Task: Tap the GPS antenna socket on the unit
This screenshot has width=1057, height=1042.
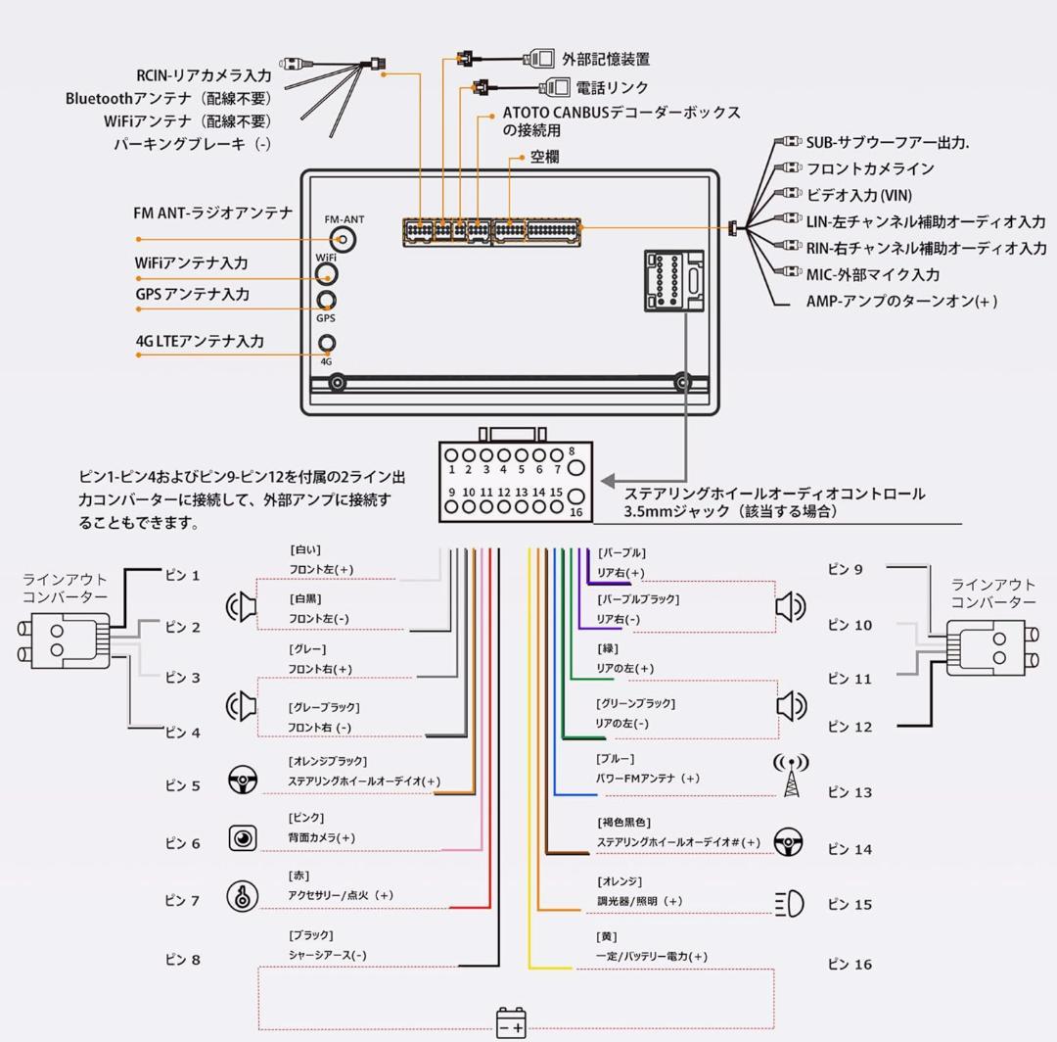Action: pyautogui.click(x=326, y=300)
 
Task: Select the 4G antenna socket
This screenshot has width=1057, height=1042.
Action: pyautogui.click(x=327, y=343)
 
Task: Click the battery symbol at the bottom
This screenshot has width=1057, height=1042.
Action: pyautogui.click(x=511, y=1022)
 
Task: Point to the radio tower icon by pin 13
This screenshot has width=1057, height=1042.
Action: pyautogui.click(x=791, y=775)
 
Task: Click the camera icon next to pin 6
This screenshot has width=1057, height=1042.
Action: pyautogui.click(x=243, y=838)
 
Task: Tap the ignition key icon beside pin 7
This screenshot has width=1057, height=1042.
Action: pyautogui.click(x=243, y=895)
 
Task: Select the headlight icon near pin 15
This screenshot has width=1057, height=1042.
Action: pyautogui.click(x=789, y=903)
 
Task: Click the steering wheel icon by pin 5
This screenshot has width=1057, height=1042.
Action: pyautogui.click(x=243, y=781)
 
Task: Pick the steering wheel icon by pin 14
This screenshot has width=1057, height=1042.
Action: pyautogui.click(x=789, y=841)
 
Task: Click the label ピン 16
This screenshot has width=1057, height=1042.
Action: pyautogui.click(x=850, y=965)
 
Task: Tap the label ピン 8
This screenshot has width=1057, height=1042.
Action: pyautogui.click(x=182, y=960)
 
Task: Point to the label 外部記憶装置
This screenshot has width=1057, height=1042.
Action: pyautogui.click(x=606, y=60)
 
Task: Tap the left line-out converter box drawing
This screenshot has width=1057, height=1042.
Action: pyautogui.click(x=65, y=640)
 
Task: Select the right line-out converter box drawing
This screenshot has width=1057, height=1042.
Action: pyautogui.click(x=991, y=648)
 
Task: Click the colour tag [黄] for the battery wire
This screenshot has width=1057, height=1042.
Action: pyautogui.click(x=607, y=937)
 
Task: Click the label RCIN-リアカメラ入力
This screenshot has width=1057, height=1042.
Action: pyautogui.click(x=204, y=75)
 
